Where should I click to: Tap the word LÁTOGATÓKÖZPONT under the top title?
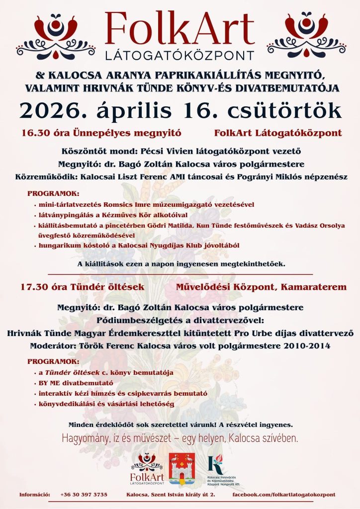[180, 54]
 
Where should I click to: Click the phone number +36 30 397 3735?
[84, 495]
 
